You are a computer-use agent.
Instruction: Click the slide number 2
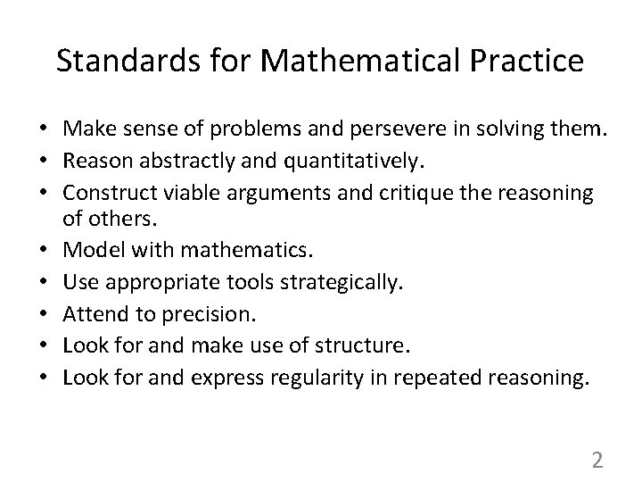coord(597,461)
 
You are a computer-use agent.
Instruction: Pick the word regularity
coord(276,377)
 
